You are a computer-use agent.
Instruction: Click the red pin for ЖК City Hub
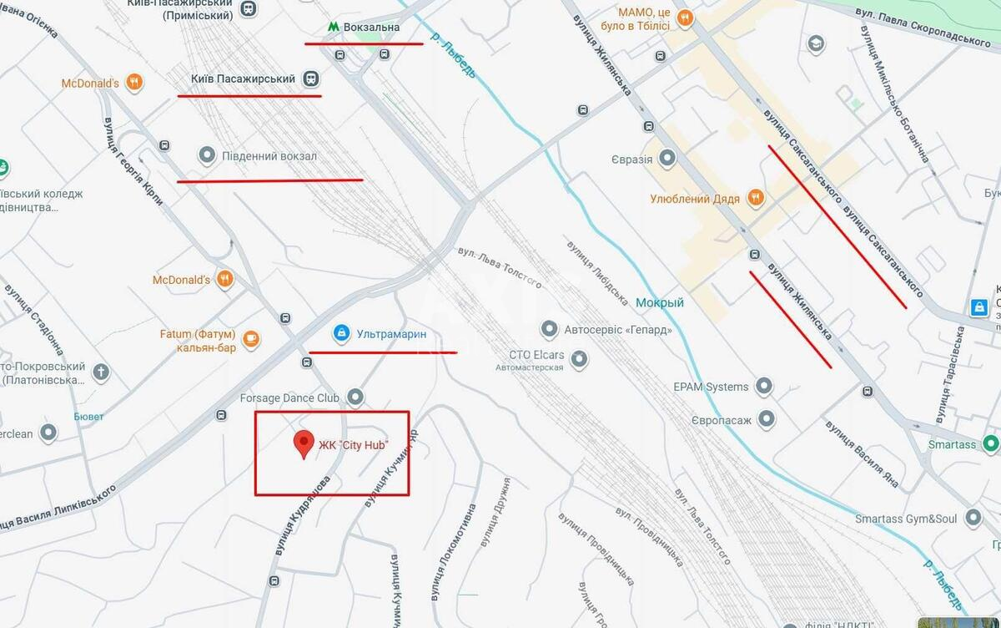point(304,443)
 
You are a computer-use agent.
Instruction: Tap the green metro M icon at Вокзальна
point(333,27)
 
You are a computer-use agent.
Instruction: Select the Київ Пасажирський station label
point(243,78)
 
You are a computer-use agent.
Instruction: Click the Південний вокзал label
point(269,156)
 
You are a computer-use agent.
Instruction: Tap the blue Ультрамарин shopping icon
point(340,333)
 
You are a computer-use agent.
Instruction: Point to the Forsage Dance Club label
point(289,398)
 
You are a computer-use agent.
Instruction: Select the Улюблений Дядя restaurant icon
point(756,198)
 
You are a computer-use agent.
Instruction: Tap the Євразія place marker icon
point(667,158)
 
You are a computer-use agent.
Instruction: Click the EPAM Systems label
point(711,387)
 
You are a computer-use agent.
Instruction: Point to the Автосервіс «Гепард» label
point(617,329)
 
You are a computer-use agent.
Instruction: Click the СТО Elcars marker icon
point(579,360)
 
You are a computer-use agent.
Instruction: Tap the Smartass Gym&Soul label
point(906,518)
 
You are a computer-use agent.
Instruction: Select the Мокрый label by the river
point(659,302)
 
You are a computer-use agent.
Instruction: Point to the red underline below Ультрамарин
point(383,352)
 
